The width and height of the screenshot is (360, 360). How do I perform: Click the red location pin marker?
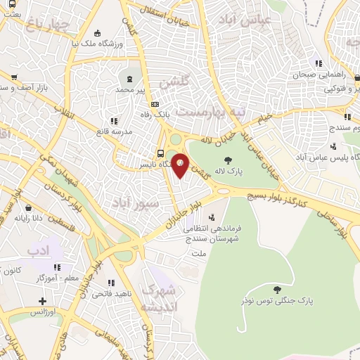180,166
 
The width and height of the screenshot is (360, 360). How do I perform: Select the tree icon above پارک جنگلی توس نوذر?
276,288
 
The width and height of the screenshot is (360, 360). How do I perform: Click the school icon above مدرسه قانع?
115,120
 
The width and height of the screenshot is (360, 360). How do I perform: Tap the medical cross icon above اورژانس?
44,302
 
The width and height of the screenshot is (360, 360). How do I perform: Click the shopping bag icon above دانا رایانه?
28,208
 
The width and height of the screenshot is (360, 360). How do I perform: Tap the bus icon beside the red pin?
161,153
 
